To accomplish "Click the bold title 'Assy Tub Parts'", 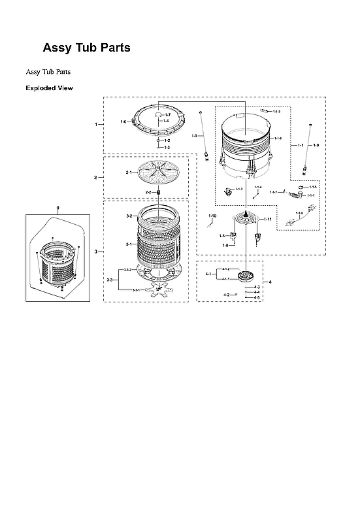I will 86,48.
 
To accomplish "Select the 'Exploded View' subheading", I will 49,88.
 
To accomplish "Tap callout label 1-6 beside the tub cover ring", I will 123,122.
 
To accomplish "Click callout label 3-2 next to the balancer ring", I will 129,216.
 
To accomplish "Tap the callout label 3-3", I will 110,280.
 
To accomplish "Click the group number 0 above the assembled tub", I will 57,208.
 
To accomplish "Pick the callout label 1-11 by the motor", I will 268,219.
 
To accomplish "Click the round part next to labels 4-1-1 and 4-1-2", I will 246,275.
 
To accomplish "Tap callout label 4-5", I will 257,297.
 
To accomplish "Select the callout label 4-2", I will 226,295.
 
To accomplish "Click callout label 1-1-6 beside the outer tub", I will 278,139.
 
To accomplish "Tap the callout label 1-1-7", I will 273,192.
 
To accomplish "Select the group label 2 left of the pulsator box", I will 95,177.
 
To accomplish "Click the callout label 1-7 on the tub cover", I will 167,115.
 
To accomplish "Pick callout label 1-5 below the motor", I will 222,236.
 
